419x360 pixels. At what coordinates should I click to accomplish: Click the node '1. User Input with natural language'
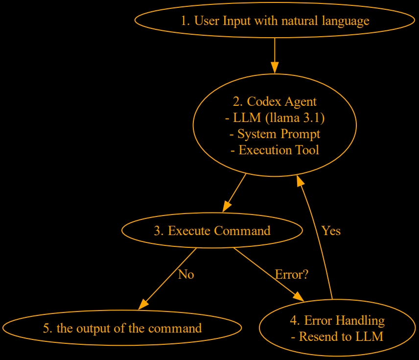(x=275, y=21)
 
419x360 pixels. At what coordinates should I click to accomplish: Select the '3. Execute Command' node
(x=212, y=231)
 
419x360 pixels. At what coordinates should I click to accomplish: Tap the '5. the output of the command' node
(x=122, y=328)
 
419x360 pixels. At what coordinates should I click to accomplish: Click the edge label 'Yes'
(x=331, y=231)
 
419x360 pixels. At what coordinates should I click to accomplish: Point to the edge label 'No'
(x=186, y=274)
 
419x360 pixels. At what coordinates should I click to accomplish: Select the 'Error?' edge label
(x=291, y=274)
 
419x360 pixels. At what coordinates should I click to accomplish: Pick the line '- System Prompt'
(x=275, y=134)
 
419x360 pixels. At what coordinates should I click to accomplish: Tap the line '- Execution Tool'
(x=275, y=150)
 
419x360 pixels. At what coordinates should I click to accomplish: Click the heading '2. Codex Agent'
(x=275, y=101)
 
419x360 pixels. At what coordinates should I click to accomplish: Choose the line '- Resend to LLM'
(x=337, y=336)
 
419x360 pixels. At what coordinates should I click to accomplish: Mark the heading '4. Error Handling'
(x=337, y=320)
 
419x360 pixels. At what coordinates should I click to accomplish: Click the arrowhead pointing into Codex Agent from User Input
(x=275, y=68)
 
